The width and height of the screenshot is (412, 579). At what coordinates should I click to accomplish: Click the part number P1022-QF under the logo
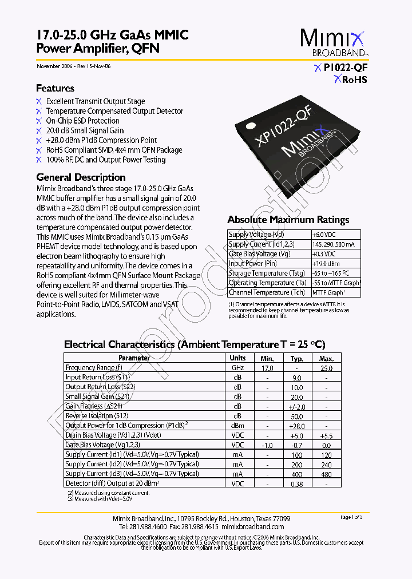[345, 68]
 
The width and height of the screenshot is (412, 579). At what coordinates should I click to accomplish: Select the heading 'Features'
[55, 88]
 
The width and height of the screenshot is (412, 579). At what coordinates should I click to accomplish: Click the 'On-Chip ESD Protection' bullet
[82, 121]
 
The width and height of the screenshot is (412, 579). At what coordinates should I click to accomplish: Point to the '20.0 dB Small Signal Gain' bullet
[85, 130]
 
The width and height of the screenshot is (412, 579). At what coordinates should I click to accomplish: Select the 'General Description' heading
[81, 177]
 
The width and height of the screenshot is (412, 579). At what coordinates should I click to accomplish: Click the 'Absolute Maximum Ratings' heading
[288, 220]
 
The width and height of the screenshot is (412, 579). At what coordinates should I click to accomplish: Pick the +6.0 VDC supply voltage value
[324, 235]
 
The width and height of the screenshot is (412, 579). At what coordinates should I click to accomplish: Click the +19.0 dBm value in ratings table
[326, 264]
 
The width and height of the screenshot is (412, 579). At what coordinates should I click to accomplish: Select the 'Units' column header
[237, 358]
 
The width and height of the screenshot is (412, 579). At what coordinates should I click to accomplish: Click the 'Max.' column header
[326, 358]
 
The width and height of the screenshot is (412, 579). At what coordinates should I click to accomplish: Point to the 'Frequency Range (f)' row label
[93, 368]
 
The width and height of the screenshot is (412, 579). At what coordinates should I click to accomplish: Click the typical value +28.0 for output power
[296, 426]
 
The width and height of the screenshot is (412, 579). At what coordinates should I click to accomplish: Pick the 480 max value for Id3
[326, 474]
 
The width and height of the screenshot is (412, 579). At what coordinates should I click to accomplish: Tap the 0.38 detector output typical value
[296, 484]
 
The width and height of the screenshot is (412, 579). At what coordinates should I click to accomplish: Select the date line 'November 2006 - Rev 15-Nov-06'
[74, 66]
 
